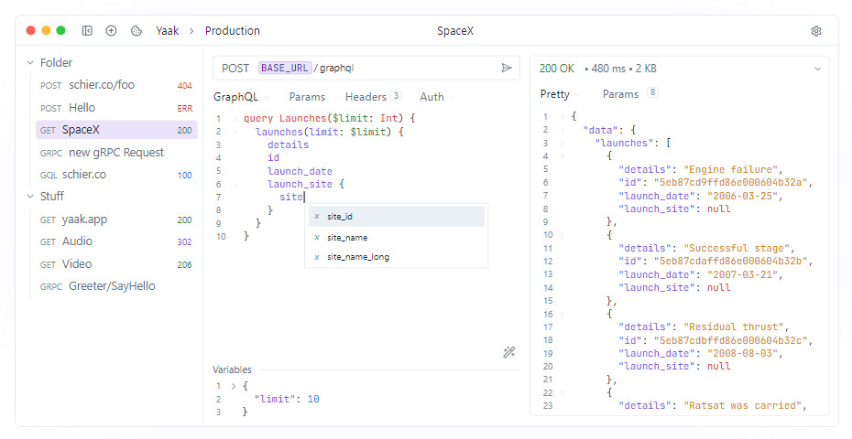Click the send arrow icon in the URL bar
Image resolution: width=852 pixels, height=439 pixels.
point(507,68)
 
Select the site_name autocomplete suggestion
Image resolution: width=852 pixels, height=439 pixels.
point(347,238)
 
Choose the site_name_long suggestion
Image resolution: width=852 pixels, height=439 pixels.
point(358,257)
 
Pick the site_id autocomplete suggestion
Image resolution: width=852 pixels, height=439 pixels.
point(340,217)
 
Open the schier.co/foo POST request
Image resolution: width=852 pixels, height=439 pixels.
point(102,85)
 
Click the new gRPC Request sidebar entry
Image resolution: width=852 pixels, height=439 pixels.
point(115,153)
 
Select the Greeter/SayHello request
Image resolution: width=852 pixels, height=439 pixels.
point(112,286)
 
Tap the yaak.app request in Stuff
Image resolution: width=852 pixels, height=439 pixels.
point(84,219)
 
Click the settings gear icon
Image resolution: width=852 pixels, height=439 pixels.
point(815,31)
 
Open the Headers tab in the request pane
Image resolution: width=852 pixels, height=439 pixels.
point(366,97)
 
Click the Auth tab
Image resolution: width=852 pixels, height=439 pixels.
point(432,97)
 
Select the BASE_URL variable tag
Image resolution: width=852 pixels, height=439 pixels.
point(285,68)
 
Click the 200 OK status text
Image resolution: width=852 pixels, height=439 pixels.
point(556,69)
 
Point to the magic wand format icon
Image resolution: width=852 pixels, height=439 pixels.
point(509,352)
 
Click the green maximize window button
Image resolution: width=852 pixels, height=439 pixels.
point(60,30)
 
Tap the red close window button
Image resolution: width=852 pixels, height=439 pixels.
point(30,30)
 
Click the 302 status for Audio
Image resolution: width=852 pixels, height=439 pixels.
point(185,242)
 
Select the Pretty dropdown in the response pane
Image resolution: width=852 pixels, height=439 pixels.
point(555,94)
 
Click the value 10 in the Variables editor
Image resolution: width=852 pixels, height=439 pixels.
point(313,399)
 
